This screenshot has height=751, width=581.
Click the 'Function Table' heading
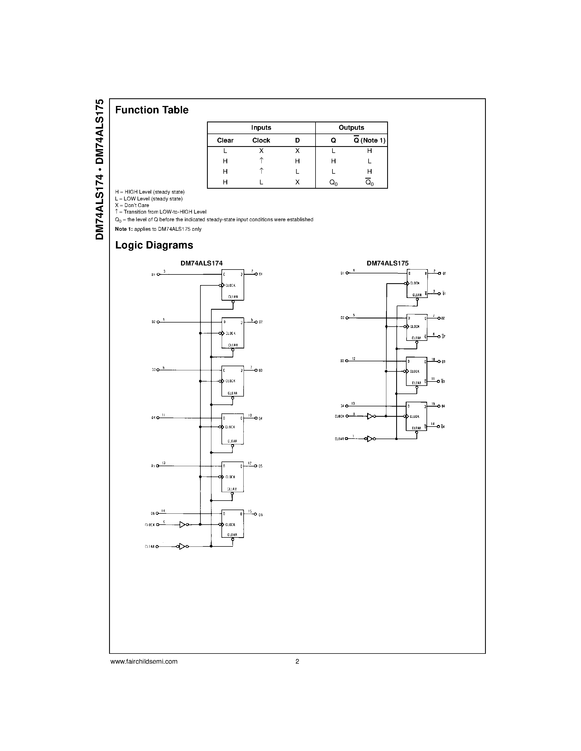click(x=152, y=110)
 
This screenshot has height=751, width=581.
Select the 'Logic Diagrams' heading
click(x=154, y=245)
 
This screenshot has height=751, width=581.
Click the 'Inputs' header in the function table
click(x=261, y=128)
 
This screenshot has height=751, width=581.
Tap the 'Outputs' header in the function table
click(x=351, y=128)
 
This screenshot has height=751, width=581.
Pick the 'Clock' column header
click(x=261, y=140)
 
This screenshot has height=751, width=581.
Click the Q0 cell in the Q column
click(x=333, y=183)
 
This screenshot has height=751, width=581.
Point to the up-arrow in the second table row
click(x=261, y=161)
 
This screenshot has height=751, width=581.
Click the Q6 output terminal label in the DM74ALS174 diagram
click(x=261, y=515)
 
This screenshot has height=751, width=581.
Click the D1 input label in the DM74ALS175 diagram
click(x=342, y=273)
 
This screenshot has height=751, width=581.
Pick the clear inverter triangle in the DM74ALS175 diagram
click(x=370, y=439)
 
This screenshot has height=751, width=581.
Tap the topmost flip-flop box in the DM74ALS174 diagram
click(x=233, y=285)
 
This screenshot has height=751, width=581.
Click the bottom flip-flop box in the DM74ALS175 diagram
click(x=416, y=416)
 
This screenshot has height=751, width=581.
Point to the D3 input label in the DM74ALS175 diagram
click(x=342, y=361)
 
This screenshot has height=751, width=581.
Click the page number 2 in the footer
click(x=297, y=661)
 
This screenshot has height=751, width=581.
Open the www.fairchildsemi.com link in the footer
click(x=144, y=661)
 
